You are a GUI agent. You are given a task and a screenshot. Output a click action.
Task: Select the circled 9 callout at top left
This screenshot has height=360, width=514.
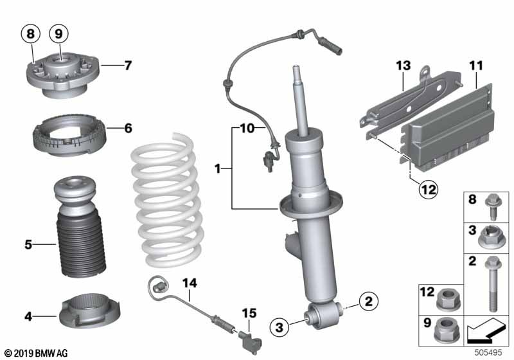(58, 33)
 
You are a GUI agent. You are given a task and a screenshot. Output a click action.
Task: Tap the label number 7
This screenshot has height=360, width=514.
(128, 65)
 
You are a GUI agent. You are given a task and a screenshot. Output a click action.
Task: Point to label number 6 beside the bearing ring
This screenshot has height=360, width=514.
(128, 129)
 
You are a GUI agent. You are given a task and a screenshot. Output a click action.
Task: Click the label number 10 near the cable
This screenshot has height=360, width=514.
(248, 129)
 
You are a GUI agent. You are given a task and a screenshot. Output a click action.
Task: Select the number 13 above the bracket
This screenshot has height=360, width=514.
(402, 65)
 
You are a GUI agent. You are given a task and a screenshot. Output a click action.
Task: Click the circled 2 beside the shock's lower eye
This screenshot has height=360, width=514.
(369, 300)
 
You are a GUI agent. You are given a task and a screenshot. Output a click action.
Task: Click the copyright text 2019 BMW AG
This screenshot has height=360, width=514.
(35, 353)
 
